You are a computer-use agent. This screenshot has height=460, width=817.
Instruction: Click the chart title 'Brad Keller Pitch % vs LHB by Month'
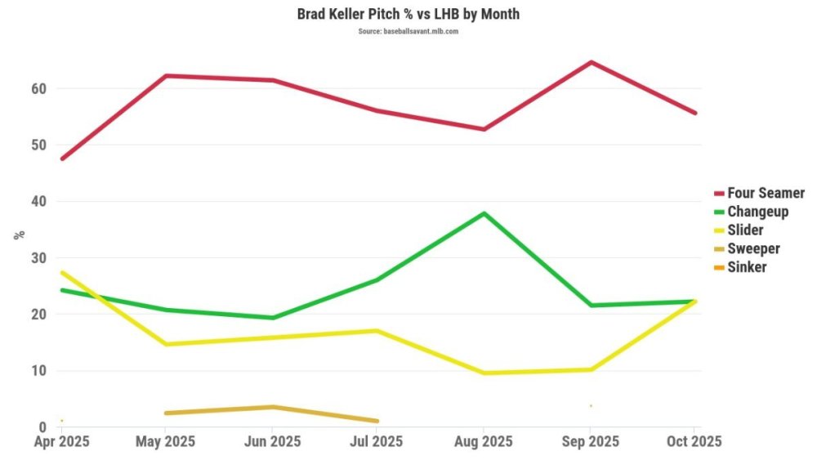tap(408, 14)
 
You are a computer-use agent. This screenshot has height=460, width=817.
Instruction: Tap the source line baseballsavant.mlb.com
tap(408, 31)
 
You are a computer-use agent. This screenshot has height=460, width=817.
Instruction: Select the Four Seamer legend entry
tap(759, 194)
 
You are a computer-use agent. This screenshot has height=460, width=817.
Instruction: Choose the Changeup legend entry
tap(751, 212)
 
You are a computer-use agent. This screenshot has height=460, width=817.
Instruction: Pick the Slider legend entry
tap(739, 230)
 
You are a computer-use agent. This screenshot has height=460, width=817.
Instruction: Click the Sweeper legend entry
tap(747, 248)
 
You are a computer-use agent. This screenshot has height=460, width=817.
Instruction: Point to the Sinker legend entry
tap(740, 267)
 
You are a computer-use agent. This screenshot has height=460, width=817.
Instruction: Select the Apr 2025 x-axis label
tap(61, 442)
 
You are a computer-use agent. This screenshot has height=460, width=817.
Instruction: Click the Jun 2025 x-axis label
tap(272, 442)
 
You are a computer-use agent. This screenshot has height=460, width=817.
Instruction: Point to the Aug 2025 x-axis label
tap(484, 442)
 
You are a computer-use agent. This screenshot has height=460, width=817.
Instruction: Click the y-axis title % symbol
tap(19, 234)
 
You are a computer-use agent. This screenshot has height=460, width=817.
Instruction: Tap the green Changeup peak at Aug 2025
tap(484, 213)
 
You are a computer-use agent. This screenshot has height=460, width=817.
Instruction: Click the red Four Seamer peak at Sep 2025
tap(591, 62)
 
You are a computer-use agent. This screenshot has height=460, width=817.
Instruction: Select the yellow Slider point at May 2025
tap(166, 344)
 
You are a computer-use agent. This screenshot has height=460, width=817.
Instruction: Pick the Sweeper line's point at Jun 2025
tap(272, 407)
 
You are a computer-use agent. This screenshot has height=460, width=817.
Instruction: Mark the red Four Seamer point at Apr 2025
tap(62, 159)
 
